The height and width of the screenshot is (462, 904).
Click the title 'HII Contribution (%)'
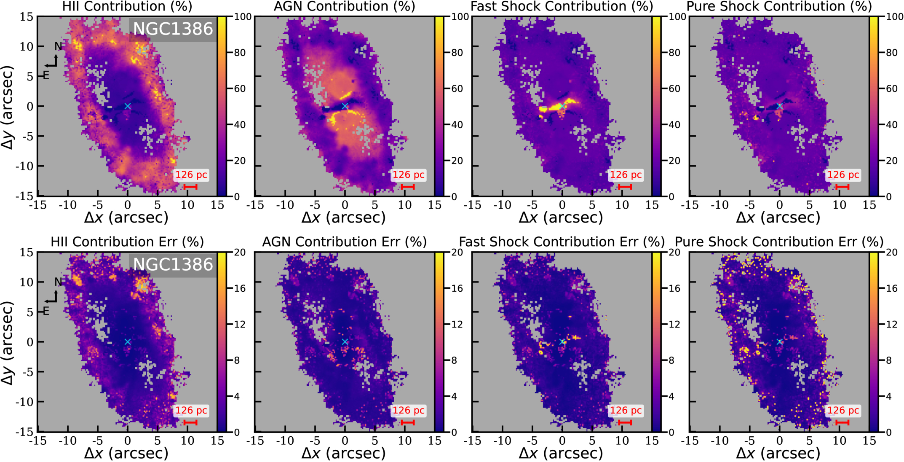click(x=127, y=6)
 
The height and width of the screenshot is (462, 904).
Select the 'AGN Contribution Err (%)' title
click(x=345, y=242)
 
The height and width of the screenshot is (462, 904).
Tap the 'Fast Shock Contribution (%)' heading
click(x=562, y=6)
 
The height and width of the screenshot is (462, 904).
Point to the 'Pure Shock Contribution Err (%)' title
click(x=779, y=242)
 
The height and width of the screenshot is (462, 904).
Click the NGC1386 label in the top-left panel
click(x=173, y=29)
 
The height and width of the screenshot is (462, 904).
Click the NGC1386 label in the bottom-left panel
click(x=173, y=264)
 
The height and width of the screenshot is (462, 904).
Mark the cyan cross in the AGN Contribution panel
click(x=345, y=106)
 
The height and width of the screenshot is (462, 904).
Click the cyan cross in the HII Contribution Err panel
click(x=128, y=342)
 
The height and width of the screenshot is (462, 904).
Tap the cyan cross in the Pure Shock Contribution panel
click(x=779, y=106)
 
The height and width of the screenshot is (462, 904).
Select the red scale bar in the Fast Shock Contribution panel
click(x=625, y=187)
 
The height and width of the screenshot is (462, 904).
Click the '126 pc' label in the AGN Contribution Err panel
click(x=409, y=410)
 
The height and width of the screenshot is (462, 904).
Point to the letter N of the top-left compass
click(x=58, y=46)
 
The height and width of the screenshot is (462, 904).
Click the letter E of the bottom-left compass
click(x=46, y=311)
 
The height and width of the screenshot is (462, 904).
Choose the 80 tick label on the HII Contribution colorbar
click(x=240, y=53)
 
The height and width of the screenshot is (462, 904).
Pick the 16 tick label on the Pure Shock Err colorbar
click(x=892, y=288)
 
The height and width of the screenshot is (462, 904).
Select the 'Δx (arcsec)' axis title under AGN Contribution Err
click(x=344, y=453)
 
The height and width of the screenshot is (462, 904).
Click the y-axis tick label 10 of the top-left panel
click(x=27, y=46)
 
